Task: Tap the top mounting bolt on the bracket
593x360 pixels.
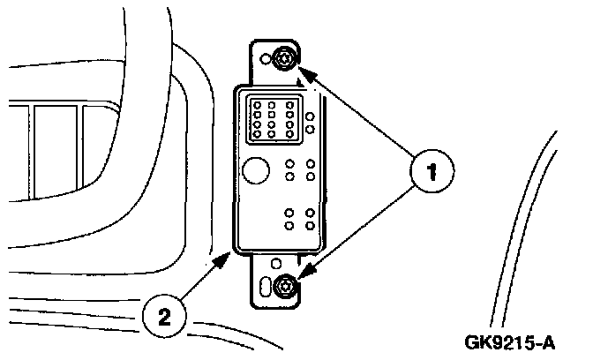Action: [x=282, y=59]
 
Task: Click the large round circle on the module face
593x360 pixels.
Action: [x=256, y=170]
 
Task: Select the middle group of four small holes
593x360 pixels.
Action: [x=300, y=170]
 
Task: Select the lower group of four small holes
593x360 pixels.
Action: [x=300, y=220]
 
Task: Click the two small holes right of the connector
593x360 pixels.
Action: [x=311, y=123]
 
